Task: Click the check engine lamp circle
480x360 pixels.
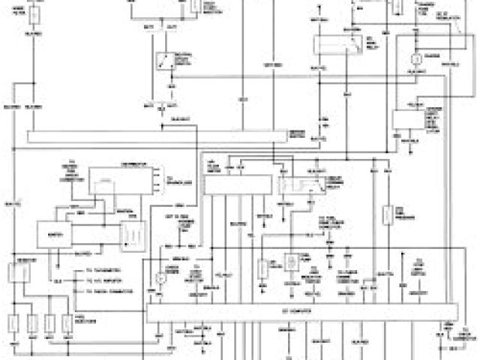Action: [x=160, y=278]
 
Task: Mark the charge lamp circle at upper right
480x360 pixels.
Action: [x=412, y=58]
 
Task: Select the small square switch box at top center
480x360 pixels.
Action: [x=163, y=61]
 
